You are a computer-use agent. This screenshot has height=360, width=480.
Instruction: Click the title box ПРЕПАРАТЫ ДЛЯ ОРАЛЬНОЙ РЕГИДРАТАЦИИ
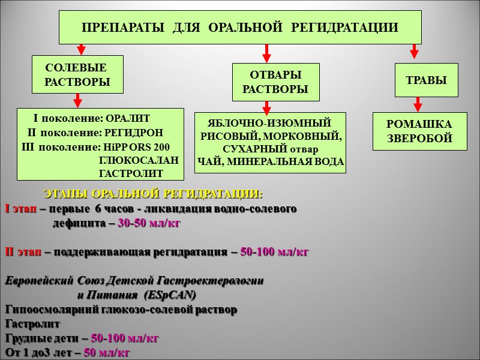pos(239,28)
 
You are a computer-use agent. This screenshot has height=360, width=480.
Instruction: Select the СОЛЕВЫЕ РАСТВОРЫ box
pos(77,74)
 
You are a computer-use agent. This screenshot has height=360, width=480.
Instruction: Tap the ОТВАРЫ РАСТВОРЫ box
pos(275,82)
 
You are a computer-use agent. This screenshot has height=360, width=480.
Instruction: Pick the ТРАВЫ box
pos(426,80)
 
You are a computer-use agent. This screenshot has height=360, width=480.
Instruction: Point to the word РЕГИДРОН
pos(133,133)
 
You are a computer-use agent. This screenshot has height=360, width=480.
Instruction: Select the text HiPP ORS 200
pos(136,147)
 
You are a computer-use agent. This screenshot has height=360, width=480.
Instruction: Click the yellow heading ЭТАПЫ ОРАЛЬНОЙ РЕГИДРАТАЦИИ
pos(153,194)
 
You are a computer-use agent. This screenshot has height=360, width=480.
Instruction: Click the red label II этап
pos(23,251)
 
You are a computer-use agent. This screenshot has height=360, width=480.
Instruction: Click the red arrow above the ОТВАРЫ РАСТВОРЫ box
pos(266,52)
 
